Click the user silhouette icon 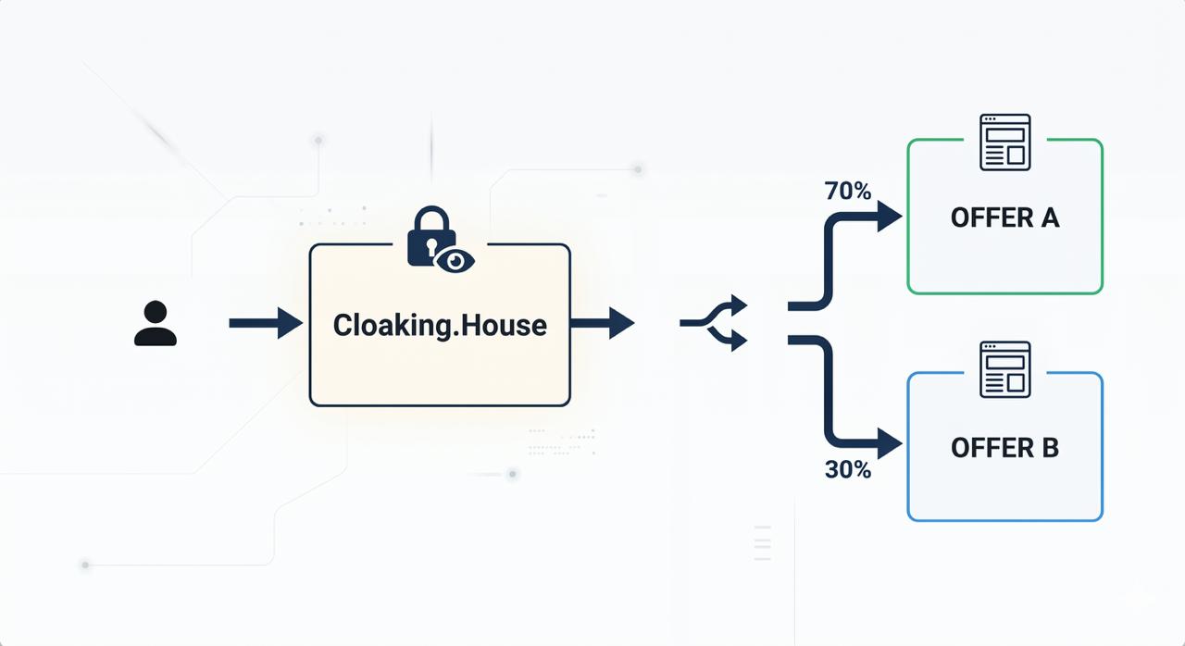click(x=155, y=323)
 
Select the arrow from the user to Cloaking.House click(x=266, y=322)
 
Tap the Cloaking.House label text click(x=440, y=325)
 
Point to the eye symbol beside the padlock click(x=455, y=261)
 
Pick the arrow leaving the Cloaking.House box click(x=603, y=322)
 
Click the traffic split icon click(x=714, y=322)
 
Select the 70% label click(x=847, y=191)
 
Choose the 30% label click(x=847, y=469)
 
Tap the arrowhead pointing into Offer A click(x=890, y=217)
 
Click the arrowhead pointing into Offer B click(x=890, y=443)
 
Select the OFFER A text click(x=1005, y=217)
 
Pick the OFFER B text click(x=1005, y=448)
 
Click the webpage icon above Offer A click(x=1005, y=143)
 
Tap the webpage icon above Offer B click(x=1005, y=369)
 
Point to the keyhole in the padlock click(x=431, y=247)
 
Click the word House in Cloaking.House click(x=504, y=325)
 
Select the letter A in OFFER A click(x=1050, y=217)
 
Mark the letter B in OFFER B click(x=1051, y=448)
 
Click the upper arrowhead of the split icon click(x=739, y=305)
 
